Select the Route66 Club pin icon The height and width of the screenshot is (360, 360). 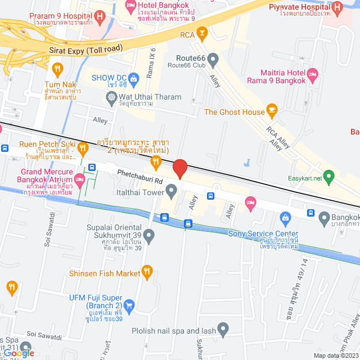point(213,58)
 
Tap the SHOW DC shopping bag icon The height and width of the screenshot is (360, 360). point(133,78)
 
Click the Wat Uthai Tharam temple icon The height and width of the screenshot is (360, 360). point(111,97)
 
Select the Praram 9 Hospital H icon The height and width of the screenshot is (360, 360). point(100,16)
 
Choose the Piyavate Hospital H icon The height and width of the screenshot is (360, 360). point(337,7)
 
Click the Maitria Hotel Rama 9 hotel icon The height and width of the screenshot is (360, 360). point(313,74)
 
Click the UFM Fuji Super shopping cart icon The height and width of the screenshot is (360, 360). point(129,305)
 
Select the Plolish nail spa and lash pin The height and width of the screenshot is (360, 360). point(223,328)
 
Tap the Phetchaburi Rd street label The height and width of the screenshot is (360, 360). point(140,177)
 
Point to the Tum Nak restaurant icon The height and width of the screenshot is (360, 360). point(57,70)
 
